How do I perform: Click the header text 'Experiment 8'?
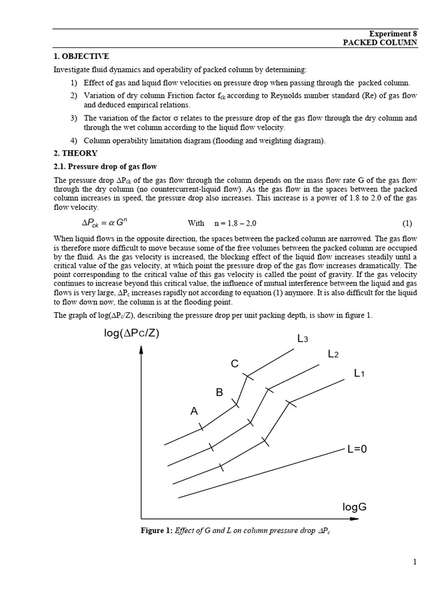[x=393, y=34]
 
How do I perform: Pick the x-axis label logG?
[x=354, y=507]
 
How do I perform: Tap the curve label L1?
[x=360, y=373]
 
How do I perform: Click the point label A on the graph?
[x=194, y=411]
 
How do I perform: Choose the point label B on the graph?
[x=219, y=393]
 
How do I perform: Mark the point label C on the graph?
[x=235, y=364]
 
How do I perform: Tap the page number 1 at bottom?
[x=415, y=562]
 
